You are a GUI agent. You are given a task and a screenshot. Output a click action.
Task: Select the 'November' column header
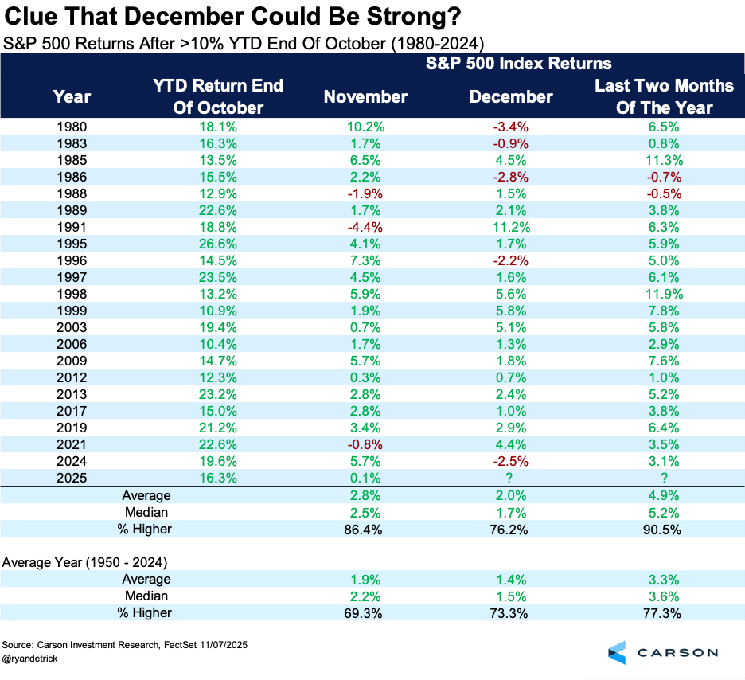point(365,96)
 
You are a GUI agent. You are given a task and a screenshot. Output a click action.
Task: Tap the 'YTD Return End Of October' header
point(217,96)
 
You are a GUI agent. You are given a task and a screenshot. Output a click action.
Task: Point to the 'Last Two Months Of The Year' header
point(665,96)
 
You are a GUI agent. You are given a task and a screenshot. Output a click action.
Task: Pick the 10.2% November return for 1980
point(365,127)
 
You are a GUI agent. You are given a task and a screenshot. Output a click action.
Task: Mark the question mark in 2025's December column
point(510,479)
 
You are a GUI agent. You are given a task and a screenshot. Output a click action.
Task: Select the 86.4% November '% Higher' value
point(365,529)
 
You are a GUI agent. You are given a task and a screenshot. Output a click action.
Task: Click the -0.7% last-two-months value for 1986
point(665,177)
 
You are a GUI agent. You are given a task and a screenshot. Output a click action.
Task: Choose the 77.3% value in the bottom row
point(665,612)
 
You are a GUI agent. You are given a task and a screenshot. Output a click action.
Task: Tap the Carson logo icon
point(618,652)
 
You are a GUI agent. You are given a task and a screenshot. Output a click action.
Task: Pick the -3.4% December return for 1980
point(510,127)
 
